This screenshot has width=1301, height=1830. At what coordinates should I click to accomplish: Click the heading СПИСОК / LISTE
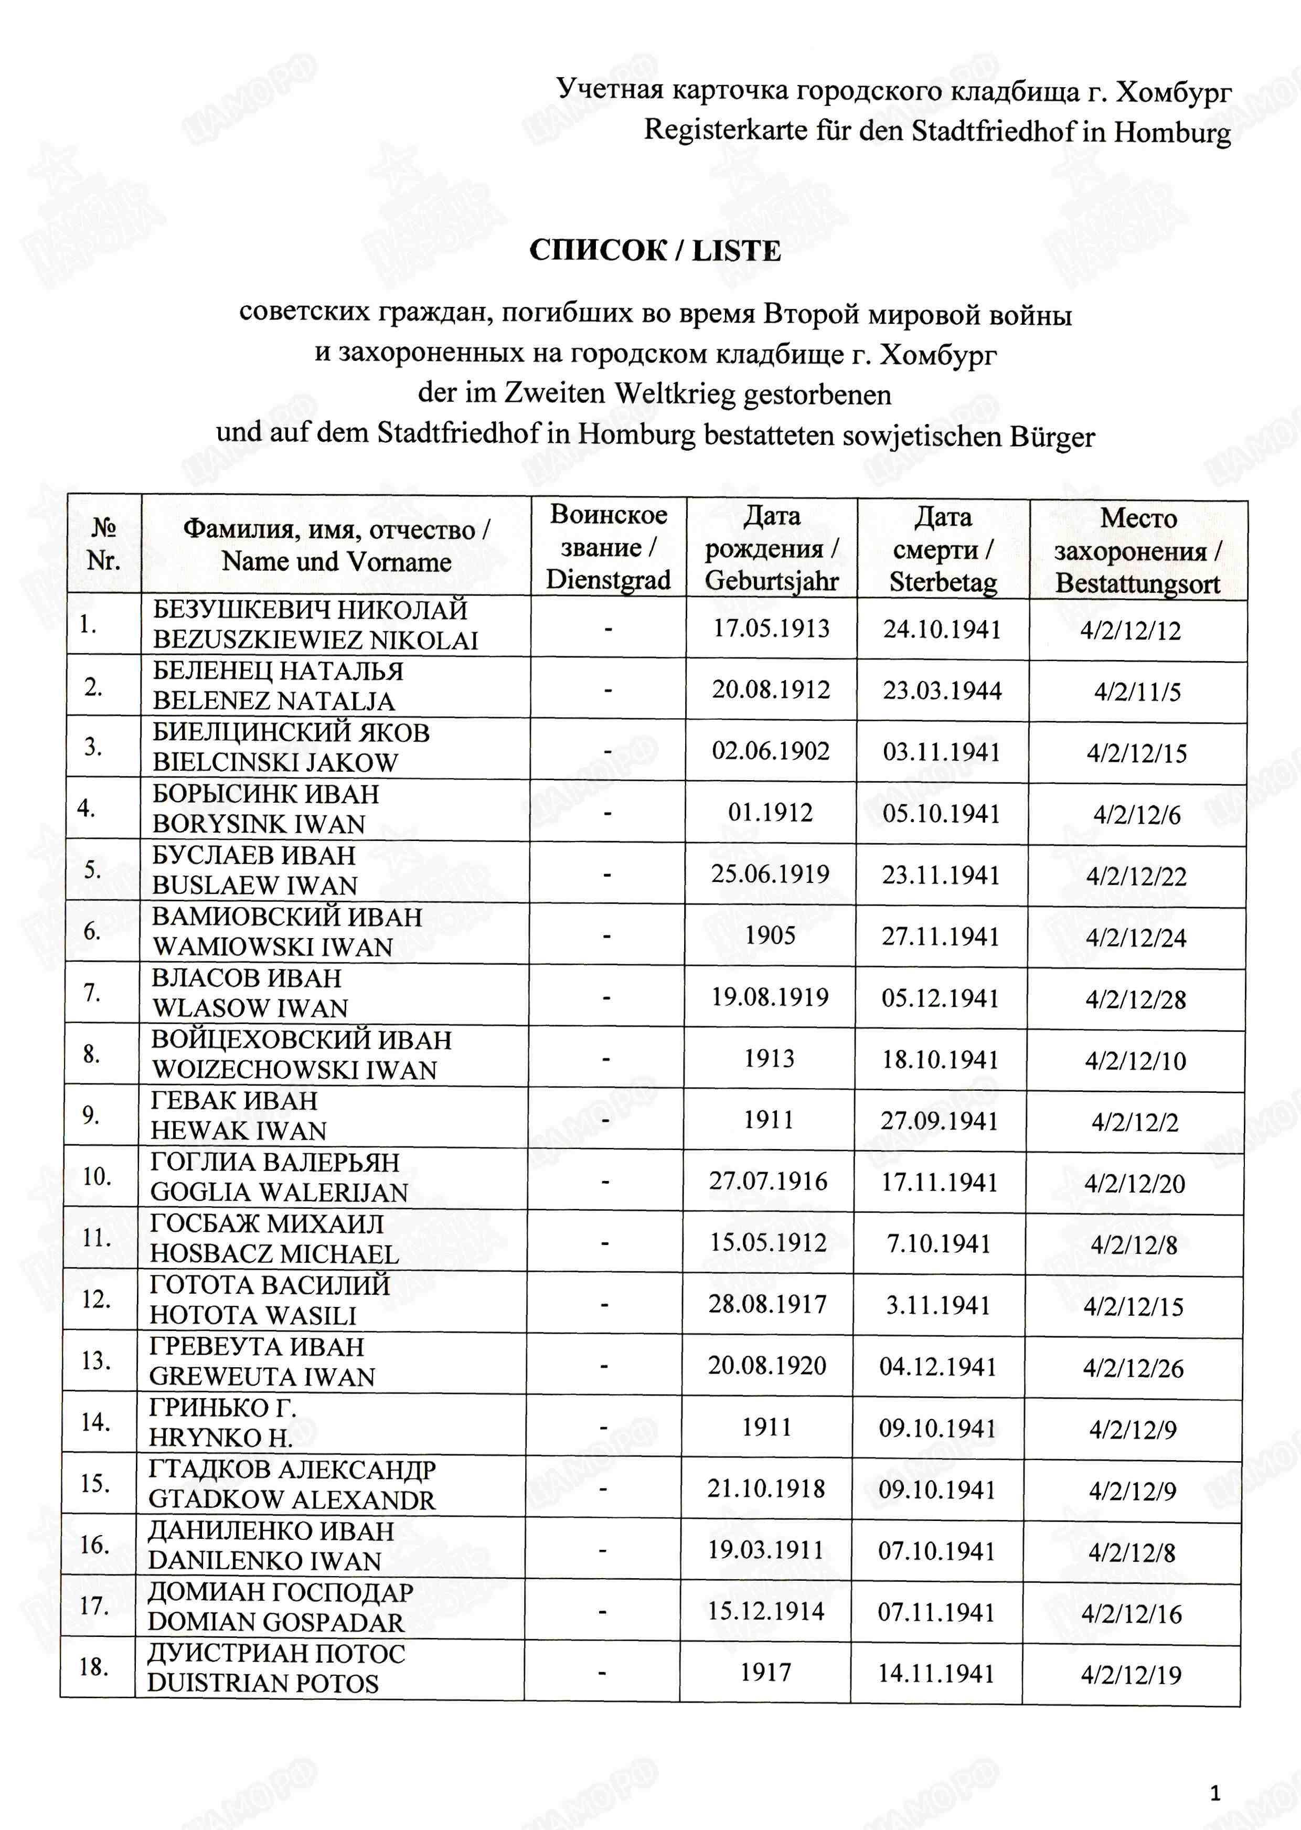click(655, 251)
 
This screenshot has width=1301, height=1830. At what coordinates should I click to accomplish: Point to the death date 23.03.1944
click(942, 690)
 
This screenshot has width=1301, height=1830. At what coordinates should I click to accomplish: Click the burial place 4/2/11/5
click(1137, 692)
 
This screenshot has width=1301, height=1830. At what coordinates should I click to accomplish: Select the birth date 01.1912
click(770, 813)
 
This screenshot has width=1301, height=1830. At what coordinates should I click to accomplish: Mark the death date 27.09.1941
click(940, 1120)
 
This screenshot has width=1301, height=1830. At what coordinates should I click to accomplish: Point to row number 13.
click(95, 1360)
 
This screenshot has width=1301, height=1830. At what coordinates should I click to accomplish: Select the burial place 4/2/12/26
click(1133, 1368)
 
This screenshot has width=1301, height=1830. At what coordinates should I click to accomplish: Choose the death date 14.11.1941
click(936, 1673)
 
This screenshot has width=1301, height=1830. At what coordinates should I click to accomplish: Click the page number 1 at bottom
click(1215, 1793)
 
